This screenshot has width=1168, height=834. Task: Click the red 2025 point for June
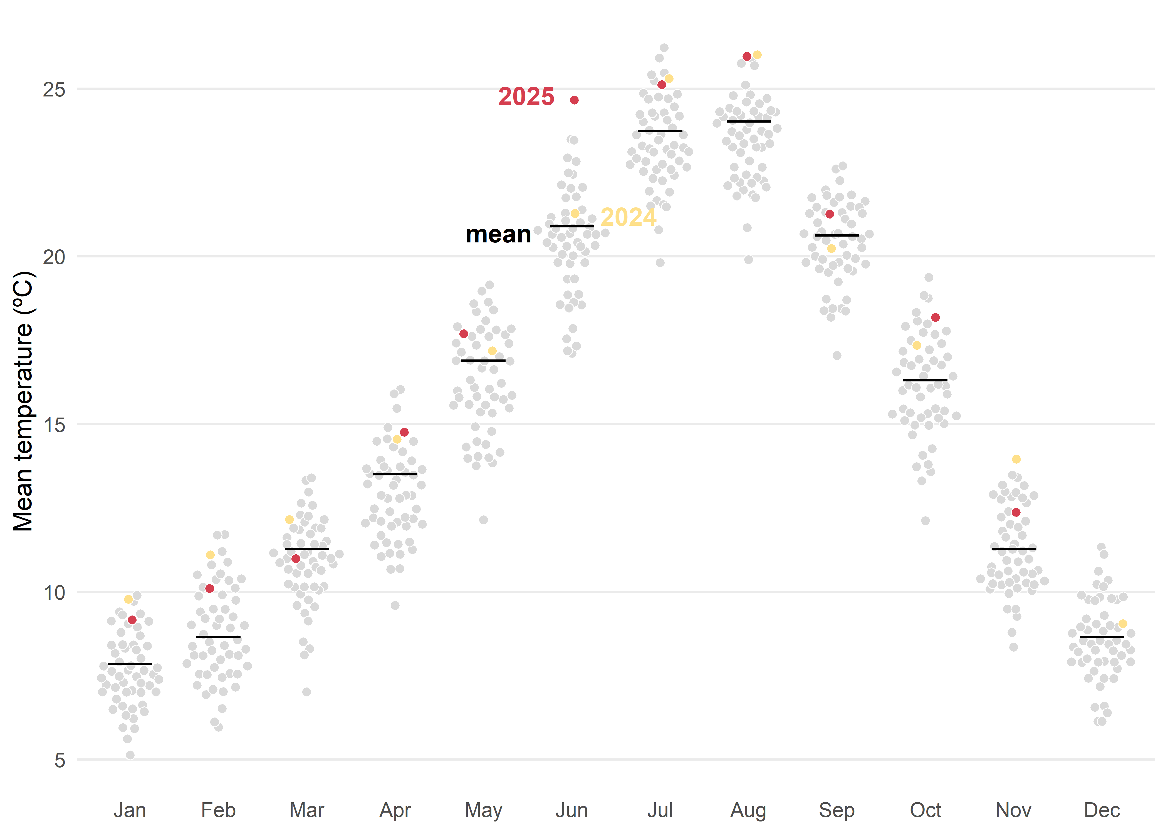pos(574,100)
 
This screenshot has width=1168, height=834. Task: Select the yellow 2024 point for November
pos(1016,459)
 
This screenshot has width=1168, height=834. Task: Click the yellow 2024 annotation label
pos(628,217)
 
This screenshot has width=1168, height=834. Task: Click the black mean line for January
pos(130,664)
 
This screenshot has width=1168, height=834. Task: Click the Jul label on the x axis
pos(660,810)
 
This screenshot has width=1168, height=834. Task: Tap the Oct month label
pos(925,810)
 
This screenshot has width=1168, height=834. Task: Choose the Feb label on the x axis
pos(218,810)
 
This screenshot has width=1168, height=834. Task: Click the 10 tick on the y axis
pos(54,593)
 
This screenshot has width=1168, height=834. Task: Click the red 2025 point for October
pos(935,318)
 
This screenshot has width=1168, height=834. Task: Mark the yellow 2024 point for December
pos(1123,624)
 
